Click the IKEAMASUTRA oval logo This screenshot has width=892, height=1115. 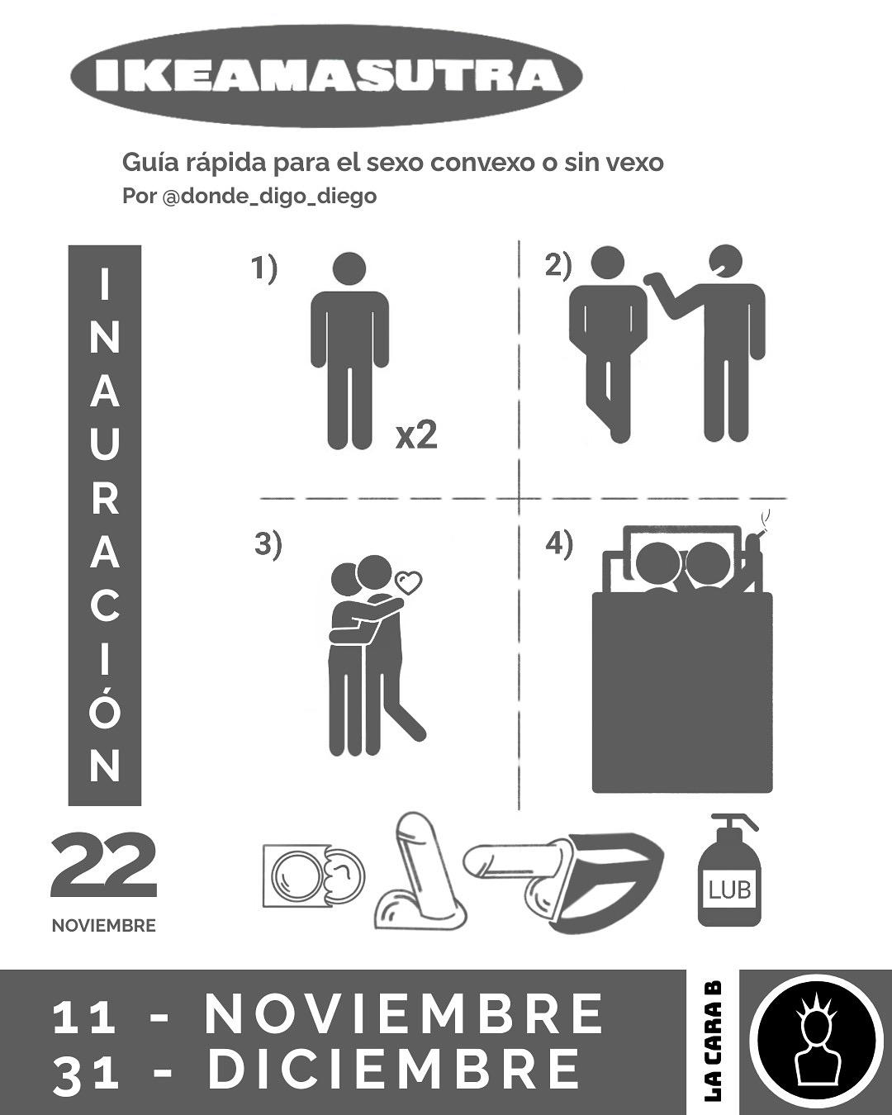click(x=326, y=76)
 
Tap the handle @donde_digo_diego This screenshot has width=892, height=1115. click(x=269, y=197)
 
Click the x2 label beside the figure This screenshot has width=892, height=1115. click(x=416, y=436)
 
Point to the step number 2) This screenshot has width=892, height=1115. click(x=557, y=265)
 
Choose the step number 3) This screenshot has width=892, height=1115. click(x=268, y=545)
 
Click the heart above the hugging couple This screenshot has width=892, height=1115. click(x=409, y=582)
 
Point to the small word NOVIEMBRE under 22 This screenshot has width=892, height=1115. click(x=104, y=926)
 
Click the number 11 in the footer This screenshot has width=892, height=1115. click(x=84, y=1017)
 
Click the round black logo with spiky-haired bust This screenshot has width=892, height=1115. click(x=816, y=1042)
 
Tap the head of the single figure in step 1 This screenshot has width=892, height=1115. click(x=349, y=269)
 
